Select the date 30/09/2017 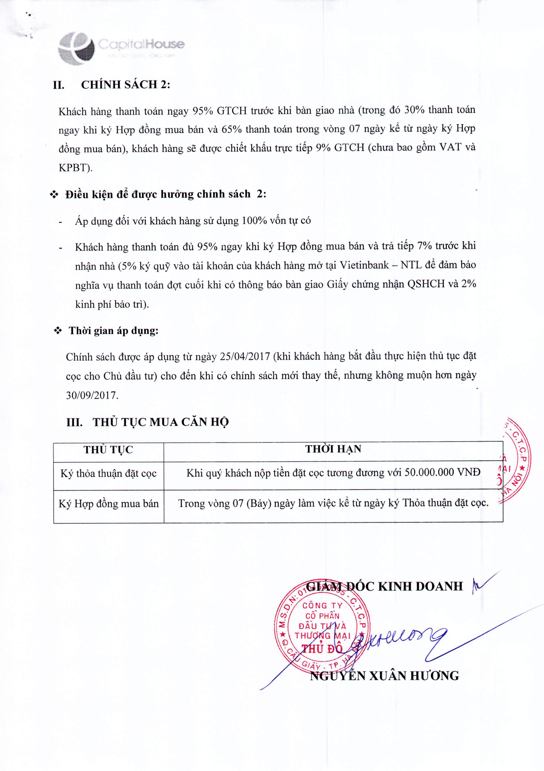(92, 395)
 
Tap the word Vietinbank (364, 265)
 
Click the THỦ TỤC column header (108, 450)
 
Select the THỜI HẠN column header (333, 449)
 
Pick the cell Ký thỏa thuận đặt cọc (108, 473)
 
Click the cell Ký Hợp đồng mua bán (108, 503)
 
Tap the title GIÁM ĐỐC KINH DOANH (385, 586)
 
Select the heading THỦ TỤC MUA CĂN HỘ (160, 422)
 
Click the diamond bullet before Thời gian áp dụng (58, 331)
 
